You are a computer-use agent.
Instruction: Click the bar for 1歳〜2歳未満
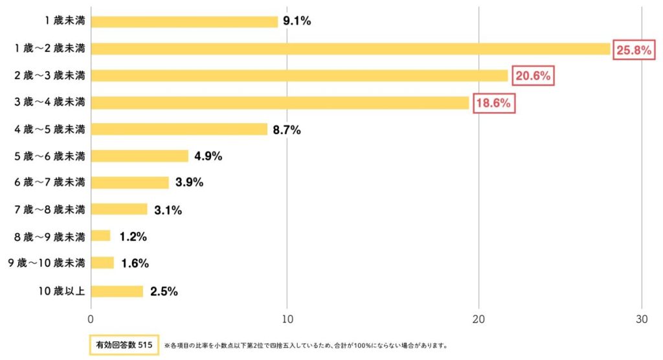pos(350,49)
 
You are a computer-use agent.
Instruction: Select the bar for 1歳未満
pos(185,21)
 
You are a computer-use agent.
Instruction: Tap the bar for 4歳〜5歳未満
pos(179,129)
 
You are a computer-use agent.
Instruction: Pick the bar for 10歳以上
pos(117,291)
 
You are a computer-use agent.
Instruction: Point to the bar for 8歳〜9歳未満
pos(101,236)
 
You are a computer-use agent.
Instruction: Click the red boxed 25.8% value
pos(633,50)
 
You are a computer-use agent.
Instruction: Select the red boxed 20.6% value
pos(533,76)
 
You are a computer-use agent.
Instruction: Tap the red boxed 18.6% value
pos(494,103)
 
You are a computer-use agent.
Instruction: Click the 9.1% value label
pos(296,21)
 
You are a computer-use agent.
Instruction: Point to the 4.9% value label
pos(208,156)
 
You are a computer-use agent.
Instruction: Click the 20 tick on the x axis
pos(478,319)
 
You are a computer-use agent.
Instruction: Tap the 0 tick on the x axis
pos(91,319)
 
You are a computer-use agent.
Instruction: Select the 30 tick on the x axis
pos(641,319)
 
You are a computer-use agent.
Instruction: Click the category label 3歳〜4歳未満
pos(50,102)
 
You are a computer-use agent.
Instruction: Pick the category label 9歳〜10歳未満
pos(47,264)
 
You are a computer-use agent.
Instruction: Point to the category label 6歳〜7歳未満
pos(50,183)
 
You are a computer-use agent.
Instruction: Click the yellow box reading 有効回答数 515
pos(124,345)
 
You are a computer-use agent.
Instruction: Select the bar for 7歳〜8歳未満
pos(119,210)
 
